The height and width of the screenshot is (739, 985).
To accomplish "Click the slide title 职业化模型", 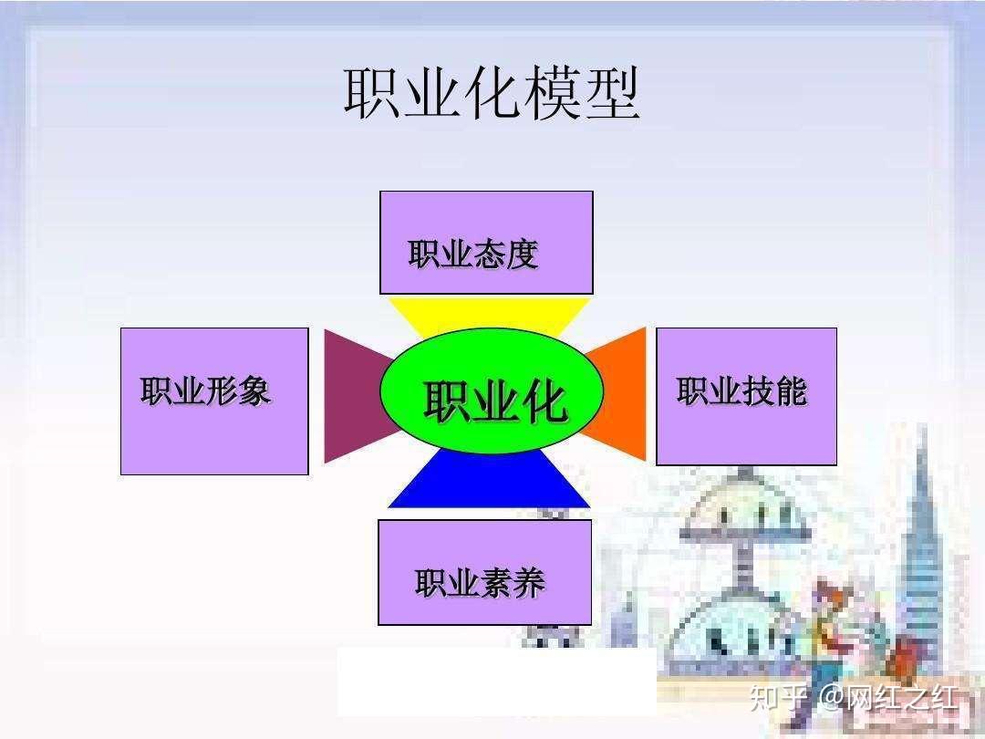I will (x=492, y=93).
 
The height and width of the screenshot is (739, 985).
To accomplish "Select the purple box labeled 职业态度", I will (x=486, y=242).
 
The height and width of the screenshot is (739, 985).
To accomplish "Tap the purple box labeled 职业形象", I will (x=214, y=401).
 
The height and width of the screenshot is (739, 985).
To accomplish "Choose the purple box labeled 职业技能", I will (x=746, y=397).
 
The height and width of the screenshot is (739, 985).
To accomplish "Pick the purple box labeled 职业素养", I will (x=484, y=572).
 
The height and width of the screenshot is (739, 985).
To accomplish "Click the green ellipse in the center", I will (x=492, y=392).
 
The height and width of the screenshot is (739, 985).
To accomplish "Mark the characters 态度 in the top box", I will (x=505, y=255).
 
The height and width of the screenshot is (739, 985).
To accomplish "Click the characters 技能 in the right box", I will (x=774, y=391).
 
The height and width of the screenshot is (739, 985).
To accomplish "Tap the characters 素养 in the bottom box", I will (x=512, y=583).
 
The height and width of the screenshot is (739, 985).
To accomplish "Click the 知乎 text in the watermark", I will (x=778, y=698).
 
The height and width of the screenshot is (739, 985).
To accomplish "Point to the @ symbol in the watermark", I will (x=831, y=699).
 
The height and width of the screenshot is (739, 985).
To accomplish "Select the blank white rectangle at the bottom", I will (x=496, y=682).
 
